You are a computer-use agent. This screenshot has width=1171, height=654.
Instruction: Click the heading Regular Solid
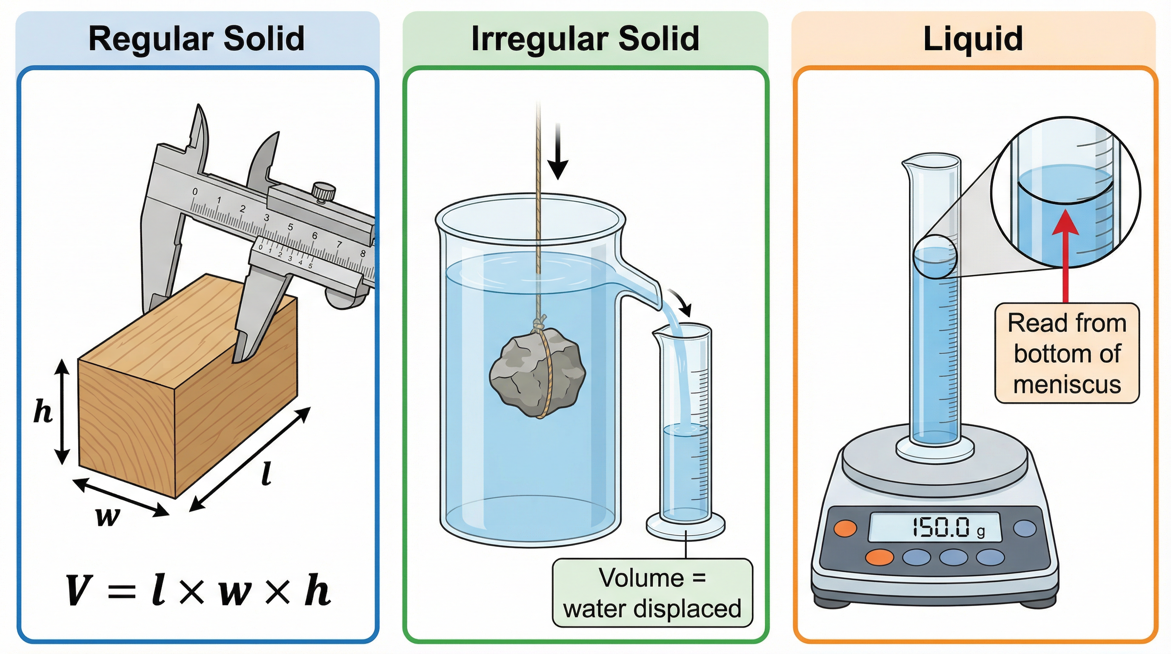click(197, 39)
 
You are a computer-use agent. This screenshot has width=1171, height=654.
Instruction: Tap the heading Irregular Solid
click(585, 39)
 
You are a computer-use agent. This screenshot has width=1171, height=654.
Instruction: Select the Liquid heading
click(973, 39)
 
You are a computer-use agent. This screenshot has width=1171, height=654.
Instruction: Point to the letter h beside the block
click(43, 412)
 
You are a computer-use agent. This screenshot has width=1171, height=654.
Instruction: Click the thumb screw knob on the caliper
click(324, 191)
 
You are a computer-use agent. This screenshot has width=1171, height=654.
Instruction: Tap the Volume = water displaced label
click(652, 593)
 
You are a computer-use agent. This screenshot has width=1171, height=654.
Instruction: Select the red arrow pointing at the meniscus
click(1065, 255)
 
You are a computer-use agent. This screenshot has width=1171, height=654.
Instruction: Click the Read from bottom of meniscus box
click(1067, 353)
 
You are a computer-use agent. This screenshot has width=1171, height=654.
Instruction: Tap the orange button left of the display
click(845, 528)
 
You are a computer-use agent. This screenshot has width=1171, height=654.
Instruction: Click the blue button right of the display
click(1025, 528)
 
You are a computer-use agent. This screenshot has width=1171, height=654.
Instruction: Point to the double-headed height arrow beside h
click(62, 411)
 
